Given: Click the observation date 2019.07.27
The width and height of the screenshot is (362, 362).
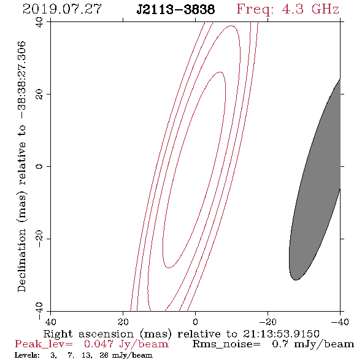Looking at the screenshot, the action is tap(62, 9).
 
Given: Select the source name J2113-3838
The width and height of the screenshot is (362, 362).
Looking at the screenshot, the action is tap(175, 10).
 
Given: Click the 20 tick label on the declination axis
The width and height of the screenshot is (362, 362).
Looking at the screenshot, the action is tap(39, 94).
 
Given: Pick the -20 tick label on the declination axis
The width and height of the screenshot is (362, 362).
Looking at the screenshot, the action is tap(39, 239).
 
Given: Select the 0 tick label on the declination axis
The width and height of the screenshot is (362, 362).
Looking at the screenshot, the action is tap(39, 166).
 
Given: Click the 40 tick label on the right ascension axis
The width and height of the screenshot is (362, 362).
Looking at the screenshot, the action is tap(50, 322).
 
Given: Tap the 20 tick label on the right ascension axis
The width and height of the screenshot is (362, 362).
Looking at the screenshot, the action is tap(123, 322).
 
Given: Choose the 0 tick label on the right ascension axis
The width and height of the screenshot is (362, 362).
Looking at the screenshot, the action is tap(195, 322).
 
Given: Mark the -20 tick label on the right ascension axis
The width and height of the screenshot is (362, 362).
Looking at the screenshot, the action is tap(268, 322).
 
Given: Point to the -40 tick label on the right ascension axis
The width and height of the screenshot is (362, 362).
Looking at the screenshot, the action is tap(340, 322).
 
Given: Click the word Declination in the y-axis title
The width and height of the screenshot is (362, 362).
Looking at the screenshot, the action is tap(21, 260).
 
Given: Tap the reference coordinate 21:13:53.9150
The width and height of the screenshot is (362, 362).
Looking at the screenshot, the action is tap(281, 334).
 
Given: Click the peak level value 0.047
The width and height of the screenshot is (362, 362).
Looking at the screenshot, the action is tap(99, 344).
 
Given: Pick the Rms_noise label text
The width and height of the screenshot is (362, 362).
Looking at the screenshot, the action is tap(226, 344).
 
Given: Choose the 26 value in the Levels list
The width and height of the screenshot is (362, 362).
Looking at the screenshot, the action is tap(104, 355).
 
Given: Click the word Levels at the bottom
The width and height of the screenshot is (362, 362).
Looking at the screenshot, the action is tap(27, 355).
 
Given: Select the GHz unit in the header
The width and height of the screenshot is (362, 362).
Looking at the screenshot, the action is tap(325, 9).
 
